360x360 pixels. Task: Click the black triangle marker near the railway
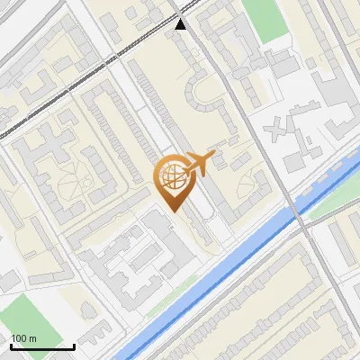pyautogui.click(x=182, y=24)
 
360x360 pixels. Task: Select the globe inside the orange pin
pyautogui.click(x=171, y=177)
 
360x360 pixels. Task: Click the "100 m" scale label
pyautogui.click(x=23, y=337)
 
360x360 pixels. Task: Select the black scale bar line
pyautogui.click(x=41, y=346)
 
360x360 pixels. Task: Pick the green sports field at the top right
pyautogui.click(x=262, y=18)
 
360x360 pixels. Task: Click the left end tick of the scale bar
pyautogui.click(x=10, y=346)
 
